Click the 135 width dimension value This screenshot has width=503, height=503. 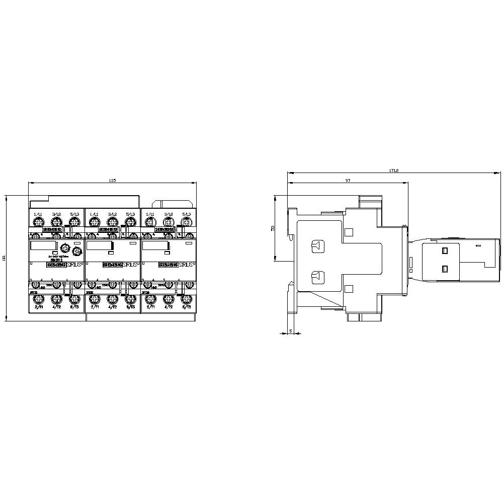coord(112,181)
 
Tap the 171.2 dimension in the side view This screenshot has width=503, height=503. coord(393,171)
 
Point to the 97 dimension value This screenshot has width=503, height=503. coord(347,180)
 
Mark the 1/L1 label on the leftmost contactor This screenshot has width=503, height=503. coord(38,215)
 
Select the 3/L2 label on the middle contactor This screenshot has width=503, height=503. coord(112,215)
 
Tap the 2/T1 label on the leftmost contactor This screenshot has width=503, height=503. coord(38,306)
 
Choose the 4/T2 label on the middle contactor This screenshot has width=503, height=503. coord(112,306)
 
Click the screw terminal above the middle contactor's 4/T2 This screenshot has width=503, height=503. coord(112,298)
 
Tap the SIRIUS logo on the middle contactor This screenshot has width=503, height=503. coord(130,264)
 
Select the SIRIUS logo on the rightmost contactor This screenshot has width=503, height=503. coord(186,264)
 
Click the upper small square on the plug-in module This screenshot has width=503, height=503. coord(445,250)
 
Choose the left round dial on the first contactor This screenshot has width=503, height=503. coord(64,248)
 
